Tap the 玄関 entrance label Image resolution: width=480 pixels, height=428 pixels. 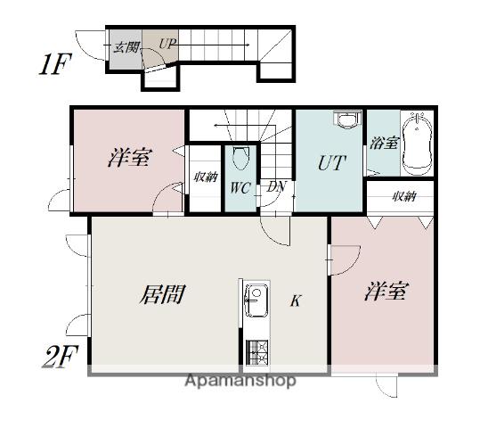point(124,47)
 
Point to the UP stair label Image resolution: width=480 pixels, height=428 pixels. point(167,44)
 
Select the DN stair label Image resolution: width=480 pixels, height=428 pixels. point(276,187)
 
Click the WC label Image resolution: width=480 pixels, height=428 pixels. point(240,188)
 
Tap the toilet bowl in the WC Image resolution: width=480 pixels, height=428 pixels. point(240,160)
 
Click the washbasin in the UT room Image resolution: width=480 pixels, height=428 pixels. point(346,121)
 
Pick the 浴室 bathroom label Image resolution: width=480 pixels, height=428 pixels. point(384,143)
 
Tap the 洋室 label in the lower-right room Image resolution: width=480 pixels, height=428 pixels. point(386,292)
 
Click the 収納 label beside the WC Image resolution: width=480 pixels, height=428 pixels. point(205,177)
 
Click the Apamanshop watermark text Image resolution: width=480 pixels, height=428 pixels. point(240,381)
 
